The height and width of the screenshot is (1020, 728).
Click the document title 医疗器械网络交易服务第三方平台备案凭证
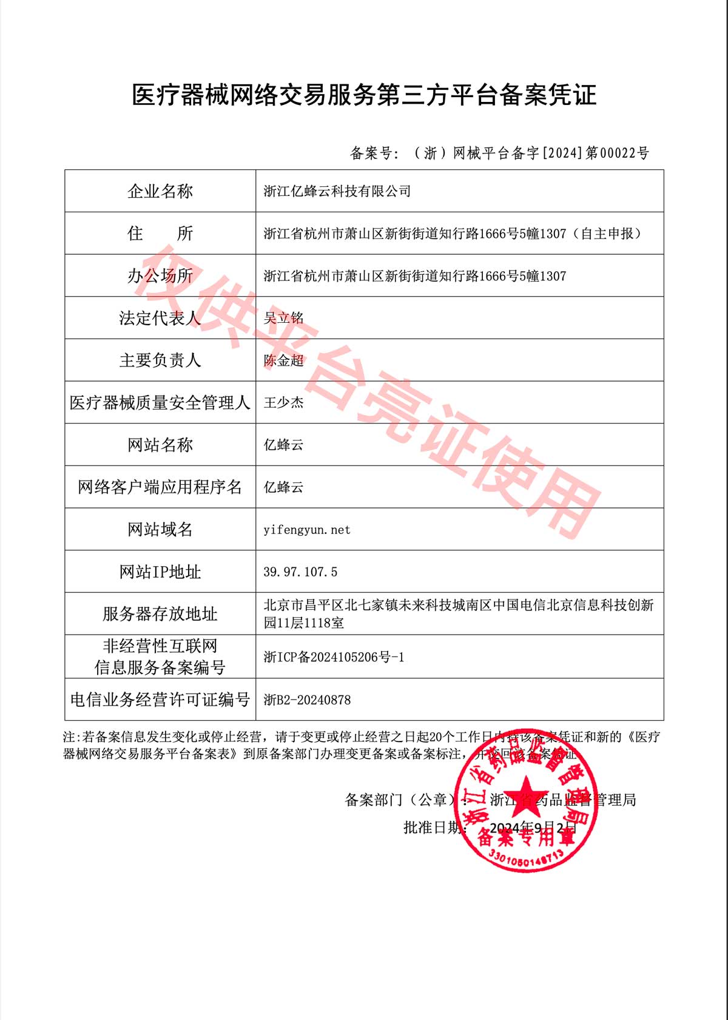click(364, 95)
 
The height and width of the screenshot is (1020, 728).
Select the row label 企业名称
click(160, 191)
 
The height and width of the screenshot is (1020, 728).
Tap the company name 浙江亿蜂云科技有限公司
click(337, 191)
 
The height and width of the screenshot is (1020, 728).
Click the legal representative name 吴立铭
click(283, 318)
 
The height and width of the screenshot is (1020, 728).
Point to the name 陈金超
click(283, 360)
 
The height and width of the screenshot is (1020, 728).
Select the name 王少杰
click(283, 402)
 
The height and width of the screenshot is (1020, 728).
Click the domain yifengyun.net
click(307, 530)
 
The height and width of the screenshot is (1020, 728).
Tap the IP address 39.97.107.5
click(300, 572)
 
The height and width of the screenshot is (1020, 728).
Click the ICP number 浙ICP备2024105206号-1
click(334, 657)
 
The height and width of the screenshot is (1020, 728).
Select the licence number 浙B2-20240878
click(307, 700)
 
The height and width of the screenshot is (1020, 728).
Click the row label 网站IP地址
click(160, 572)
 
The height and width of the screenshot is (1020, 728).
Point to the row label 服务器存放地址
click(160, 614)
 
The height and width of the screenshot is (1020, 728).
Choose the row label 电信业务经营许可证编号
click(160, 700)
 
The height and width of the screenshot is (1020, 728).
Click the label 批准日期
click(434, 827)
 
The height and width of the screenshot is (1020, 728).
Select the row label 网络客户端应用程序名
click(160, 487)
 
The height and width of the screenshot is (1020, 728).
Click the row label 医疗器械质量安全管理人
click(160, 402)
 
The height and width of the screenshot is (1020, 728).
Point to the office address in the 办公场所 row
click(415, 276)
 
